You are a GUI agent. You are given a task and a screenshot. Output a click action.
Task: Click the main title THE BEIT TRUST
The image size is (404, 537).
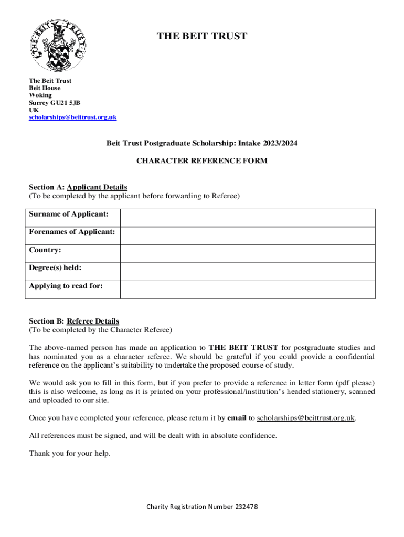pyautogui.click(x=202, y=36)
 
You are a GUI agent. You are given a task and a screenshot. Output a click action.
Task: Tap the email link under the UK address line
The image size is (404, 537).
pyautogui.click(x=72, y=117)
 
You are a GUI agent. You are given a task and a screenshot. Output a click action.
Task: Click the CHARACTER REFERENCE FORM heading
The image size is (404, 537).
pyautogui.click(x=202, y=161)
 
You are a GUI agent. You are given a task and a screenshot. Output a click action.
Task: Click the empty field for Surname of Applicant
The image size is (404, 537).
pyautogui.click(x=247, y=218)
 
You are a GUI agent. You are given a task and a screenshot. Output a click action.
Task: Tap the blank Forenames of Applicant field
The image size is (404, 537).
pyautogui.click(x=247, y=235)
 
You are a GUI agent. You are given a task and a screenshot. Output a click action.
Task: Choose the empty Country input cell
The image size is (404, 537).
pyautogui.click(x=247, y=253)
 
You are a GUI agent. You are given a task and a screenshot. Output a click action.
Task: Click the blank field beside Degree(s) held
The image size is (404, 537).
pyautogui.click(x=247, y=271)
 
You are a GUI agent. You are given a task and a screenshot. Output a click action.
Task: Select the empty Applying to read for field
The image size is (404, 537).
pyautogui.click(x=247, y=289)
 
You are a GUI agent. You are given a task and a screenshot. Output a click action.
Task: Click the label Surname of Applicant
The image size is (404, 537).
pyautogui.click(x=69, y=214)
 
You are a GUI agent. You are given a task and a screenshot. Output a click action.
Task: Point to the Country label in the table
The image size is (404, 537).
pyautogui.click(x=45, y=250)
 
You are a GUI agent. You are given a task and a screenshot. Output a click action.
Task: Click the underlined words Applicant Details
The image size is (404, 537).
pyautogui.click(x=97, y=187)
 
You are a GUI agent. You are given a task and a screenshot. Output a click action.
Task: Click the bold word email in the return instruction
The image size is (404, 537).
pyautogui.click(x=237, y=418)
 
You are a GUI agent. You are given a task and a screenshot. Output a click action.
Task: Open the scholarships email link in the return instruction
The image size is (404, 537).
pyautogui.click(x=306, y=418)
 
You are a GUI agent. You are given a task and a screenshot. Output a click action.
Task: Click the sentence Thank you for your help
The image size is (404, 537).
pyautogui.click(x=70, y=454)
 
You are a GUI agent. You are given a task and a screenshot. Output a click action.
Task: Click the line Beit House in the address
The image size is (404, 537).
pyautogui.click(x=45, y=88)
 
